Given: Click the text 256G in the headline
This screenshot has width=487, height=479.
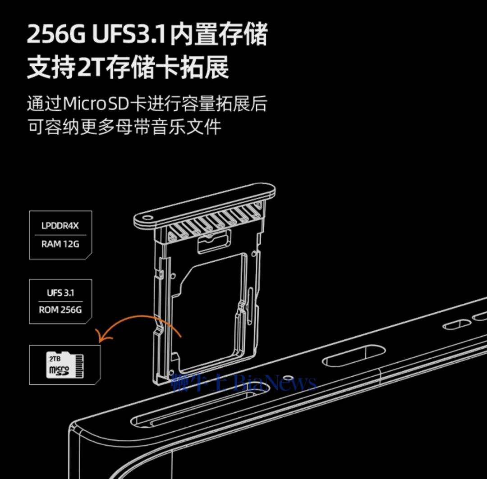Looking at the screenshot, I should pyautogui.click(x=56, y=34).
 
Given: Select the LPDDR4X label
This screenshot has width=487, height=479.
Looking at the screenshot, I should pyautogui.click(x=60, y=226).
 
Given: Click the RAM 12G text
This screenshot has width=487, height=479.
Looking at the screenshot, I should pyautogui.click(x=60, y=244).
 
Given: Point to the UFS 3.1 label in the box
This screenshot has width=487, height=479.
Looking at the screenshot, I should pyautogui.click(x=60, y=293).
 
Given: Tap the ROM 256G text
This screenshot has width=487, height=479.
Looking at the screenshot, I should pyautogui.click(x=60, y=310).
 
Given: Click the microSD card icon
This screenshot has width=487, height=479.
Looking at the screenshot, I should pyautogui.click(x=65, y=365).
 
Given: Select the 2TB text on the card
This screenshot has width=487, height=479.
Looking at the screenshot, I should pyautogui.click(x=54, y=359).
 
